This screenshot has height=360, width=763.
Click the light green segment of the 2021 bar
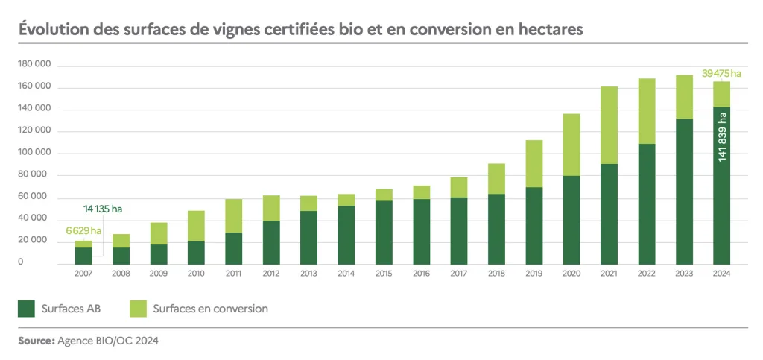tap(609, 125)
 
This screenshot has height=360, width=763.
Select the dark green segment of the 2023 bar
tap(684, 191)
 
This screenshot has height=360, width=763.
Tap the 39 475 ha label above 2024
tap(721, 73)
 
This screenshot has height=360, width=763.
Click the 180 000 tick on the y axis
tap(34, 66)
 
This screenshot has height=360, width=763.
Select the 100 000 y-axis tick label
tap(34, 154)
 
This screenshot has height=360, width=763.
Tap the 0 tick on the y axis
tap(42, 263)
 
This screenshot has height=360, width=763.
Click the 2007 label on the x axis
tap(83, 274)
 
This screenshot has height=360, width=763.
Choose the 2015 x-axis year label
tap(384, 274)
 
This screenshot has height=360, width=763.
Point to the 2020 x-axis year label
tap(572, 274)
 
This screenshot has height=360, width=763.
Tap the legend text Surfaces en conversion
tap(210, 308)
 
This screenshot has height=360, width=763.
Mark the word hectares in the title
tap(548, 30)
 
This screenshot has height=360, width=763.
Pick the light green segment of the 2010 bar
tap(196, 226)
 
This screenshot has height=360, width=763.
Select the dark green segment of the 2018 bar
tap(496, 229)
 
